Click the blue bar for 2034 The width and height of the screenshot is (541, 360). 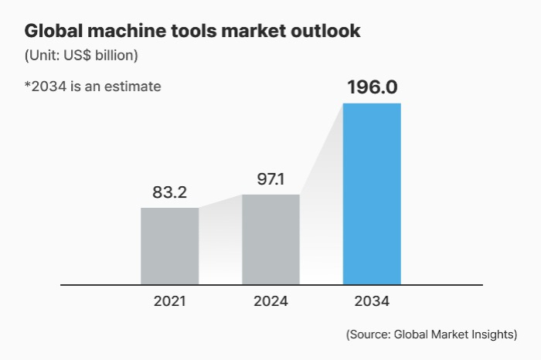coord(372,193)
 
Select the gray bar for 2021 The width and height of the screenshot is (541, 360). coord(169,246)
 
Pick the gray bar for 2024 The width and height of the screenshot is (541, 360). coord(270,239)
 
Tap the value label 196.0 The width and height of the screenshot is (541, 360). coord(372,87)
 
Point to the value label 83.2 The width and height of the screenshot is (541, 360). coord(169,192)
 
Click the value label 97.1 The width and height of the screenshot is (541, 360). coord(270,179)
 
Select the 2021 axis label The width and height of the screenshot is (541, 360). coord(169,301)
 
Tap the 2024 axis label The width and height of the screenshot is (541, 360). coord(270,301)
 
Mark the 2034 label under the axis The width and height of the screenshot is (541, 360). coord(372,301)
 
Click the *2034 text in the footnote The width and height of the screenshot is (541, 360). coord(45,86)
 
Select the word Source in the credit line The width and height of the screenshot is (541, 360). coord(370,335)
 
